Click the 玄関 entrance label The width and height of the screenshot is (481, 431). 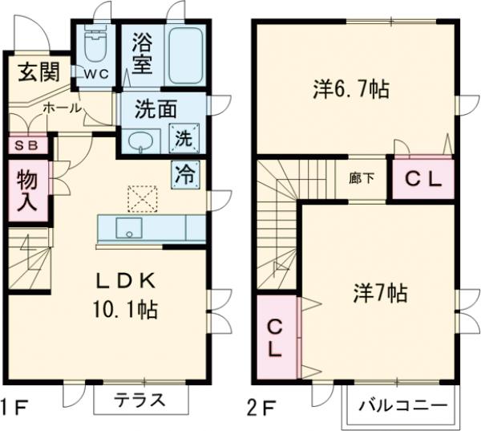point(37,72)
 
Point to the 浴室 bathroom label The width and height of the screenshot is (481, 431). point(143,53)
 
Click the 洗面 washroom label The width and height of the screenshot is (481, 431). point(156,111)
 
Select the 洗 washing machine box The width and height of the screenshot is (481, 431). point(184,138)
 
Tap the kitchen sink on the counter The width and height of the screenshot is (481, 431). point(127,228)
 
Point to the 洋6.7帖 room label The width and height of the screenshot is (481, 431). point(350,89)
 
